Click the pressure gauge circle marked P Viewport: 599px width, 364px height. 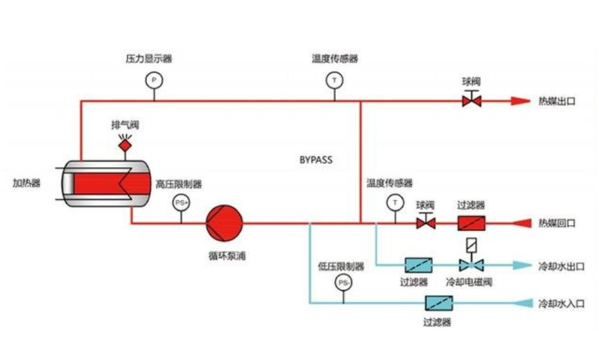tap(154, 80)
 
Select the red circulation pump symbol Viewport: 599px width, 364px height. tap(224, 223)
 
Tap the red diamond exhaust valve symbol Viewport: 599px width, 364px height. tap(125, 146)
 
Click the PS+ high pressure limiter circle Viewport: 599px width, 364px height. tap(181, 202)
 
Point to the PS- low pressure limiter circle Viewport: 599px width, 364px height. tap(343, 283)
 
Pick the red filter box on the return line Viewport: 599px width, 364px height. tap(471, 223)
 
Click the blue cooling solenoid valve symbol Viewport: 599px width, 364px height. tap(471, 265)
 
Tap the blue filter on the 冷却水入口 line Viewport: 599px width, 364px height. tap(439, 303)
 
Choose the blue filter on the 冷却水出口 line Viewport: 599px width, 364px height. tap(419, 265)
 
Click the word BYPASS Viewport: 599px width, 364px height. tap(316, 160)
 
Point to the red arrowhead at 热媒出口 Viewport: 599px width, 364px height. tap(521, 101)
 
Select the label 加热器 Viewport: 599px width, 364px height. tap(27, 183)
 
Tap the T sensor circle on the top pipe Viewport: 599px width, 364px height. tap(334, 80)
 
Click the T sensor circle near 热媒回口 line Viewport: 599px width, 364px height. tap(395, 202)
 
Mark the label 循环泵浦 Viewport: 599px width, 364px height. tap(227, 255)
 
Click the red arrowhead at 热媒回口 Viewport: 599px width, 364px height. tap(522, 223)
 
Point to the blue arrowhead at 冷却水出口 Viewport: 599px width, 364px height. tap(522, 265)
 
